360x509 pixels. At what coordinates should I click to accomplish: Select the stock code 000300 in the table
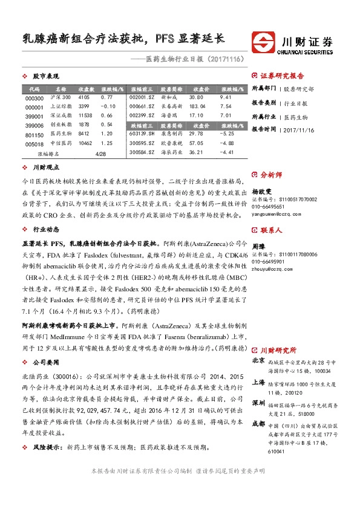(x=35, y=98)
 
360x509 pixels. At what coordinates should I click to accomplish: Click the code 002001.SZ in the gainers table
(x=142, y=97)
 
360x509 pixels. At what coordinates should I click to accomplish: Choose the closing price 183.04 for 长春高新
(x=198, y=106)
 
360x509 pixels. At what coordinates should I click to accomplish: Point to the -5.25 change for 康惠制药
(x=227, y=133)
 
